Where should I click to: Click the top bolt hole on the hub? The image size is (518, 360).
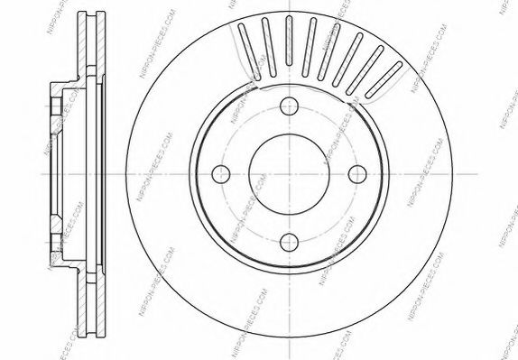[289, 105]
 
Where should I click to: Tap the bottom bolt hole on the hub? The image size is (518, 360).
[289, 241]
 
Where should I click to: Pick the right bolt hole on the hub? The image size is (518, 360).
[357, 173]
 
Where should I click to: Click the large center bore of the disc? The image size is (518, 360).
[289, 173]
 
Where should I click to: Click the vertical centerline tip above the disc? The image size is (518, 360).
[289, 6]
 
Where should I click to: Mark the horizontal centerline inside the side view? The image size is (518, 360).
[72, 173]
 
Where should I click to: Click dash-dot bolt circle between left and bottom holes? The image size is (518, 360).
[241, 221]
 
